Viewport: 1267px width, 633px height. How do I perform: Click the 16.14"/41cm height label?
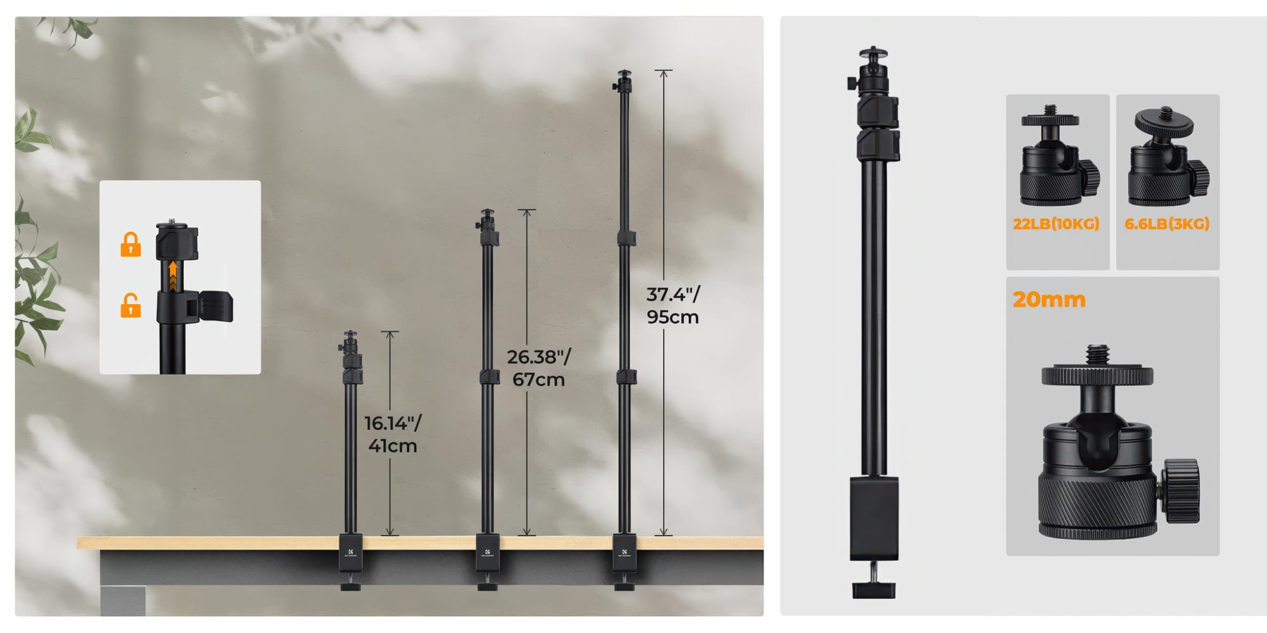[393, 434]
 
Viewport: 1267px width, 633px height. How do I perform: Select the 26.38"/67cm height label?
[538, 368]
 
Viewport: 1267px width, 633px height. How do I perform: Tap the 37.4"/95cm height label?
[673, 305]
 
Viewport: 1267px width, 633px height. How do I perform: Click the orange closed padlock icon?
[131, 244]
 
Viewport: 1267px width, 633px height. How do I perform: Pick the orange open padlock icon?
[131, 305]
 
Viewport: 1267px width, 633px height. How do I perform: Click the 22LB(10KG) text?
[1056, 224]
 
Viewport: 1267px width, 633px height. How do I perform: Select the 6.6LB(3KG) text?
[1167, 224]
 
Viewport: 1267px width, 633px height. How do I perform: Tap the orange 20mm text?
[1049, 299]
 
